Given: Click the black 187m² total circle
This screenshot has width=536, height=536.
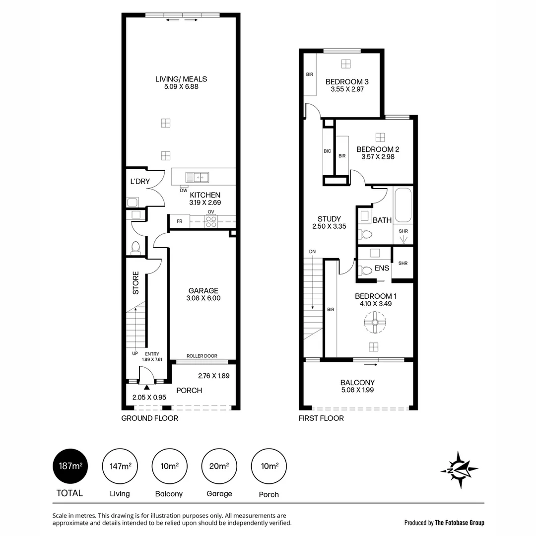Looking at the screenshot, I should [70, 466].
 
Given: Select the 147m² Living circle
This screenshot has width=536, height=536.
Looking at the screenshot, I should [120, 466].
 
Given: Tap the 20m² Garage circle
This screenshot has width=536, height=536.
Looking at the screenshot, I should [219, 466].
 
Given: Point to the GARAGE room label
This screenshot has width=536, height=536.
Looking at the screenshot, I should [203, 291].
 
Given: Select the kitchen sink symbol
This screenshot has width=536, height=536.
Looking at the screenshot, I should [197, 177].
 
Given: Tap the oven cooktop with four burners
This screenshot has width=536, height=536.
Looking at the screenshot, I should [211, 221].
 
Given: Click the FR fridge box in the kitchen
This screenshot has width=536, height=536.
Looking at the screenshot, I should [179, 221].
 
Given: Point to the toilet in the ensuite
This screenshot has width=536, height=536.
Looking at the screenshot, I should [367, 271].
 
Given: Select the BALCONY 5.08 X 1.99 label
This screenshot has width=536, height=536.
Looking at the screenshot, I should [357, 386].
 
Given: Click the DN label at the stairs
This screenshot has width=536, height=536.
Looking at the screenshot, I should [312, 252].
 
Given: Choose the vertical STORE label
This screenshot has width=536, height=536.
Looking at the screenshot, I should [135, 282].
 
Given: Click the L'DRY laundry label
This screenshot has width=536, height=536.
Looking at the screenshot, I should [140, 182].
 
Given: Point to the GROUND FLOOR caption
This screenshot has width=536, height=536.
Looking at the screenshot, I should [149, 418].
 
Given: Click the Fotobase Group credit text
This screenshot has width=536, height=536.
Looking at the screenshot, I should [444, 522].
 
